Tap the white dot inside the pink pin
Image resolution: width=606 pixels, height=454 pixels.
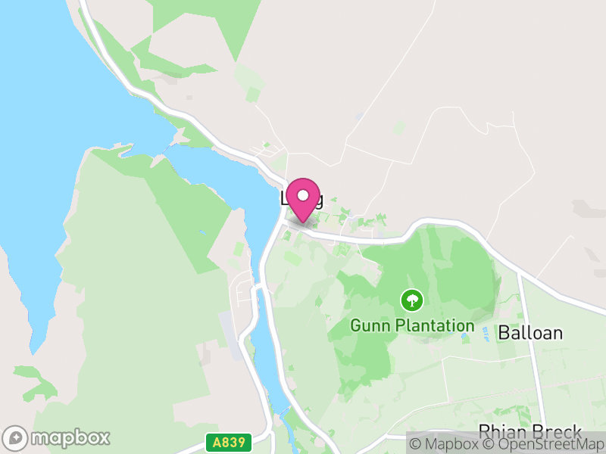tap(303, 194)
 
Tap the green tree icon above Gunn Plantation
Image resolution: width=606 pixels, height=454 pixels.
tap(411, 301)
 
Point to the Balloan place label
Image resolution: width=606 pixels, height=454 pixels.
tap(530, 332)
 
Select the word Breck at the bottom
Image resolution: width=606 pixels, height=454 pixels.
tap(558, 432)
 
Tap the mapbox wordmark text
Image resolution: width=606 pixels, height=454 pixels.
tap(70, 437)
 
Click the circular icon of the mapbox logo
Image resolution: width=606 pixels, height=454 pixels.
tap(16, 437)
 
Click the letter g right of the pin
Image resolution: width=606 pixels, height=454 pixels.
tap(318, 201)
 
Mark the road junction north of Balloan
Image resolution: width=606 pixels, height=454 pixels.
tap(519, 273)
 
